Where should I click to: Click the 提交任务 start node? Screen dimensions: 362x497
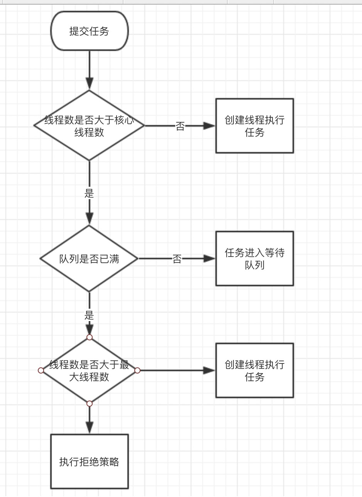coord(90,31)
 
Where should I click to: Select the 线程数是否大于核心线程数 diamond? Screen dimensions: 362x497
coord(89,125)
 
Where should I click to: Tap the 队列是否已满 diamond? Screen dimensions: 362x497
coord(89,259)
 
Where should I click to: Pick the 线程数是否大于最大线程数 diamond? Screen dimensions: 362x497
coord(89,370)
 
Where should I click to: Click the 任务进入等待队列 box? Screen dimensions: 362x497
coord(255,259)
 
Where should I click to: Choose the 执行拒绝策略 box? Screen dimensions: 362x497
coord(90,462)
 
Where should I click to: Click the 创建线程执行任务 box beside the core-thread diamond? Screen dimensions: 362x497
coord(255,126)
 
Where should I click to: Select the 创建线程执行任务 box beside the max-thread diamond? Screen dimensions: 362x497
coord(255,370)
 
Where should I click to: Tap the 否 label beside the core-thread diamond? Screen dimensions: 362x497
coord(180,126)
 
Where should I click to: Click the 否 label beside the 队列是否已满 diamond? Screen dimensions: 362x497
coord(177,259)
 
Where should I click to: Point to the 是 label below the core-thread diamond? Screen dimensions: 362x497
coord(89,193)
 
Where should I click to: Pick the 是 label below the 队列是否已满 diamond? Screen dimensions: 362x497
coord(89,315)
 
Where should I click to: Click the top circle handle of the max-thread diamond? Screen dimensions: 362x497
coord(90,337)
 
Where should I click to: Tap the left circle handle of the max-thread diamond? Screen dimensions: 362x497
coord(41,370)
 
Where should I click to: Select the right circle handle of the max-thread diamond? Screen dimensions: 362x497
coord(137,370)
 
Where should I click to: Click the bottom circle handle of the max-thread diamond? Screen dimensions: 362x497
coord(90,404)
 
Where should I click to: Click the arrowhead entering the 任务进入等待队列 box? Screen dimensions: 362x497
coord(209,259)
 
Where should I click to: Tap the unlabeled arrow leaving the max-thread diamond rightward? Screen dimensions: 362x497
coord(176,370)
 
